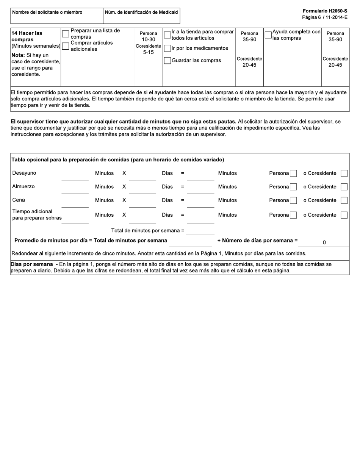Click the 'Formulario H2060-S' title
(325, 11)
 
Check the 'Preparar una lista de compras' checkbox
(66, 34)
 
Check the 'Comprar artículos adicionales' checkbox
(66, 46)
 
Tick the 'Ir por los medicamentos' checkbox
(167, 48)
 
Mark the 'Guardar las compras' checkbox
(167, 61)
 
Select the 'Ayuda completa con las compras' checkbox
(268, 35)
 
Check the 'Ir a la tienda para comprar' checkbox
(167, 35)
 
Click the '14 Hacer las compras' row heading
(27, 36)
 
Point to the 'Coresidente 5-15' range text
(148, 49)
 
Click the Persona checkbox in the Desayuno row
(293, 174)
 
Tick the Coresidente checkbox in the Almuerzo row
(344, 187)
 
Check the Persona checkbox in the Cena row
(293, 200)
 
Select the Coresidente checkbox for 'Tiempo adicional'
(344, 215)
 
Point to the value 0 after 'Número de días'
(324, 242)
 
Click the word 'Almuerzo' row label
(23, 186)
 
